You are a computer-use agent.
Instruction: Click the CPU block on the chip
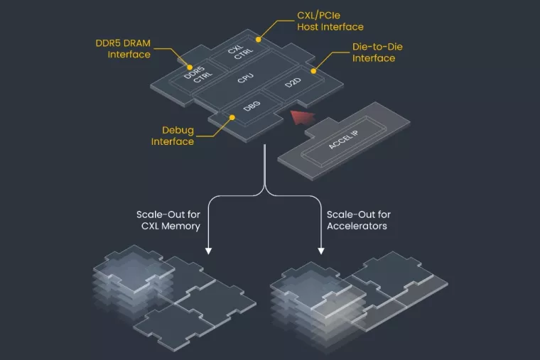click(x=246, y=80)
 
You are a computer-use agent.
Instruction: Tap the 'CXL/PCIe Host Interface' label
click(x=332, y=21)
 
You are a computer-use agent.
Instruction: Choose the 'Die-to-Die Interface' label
click(x=373, y=52)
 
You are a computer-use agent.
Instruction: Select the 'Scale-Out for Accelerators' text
click(x=359, y=220)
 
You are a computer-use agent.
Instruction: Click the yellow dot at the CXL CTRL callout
click(x=259, y=39)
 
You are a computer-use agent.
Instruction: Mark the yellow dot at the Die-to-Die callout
click(x=313, y=71)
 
